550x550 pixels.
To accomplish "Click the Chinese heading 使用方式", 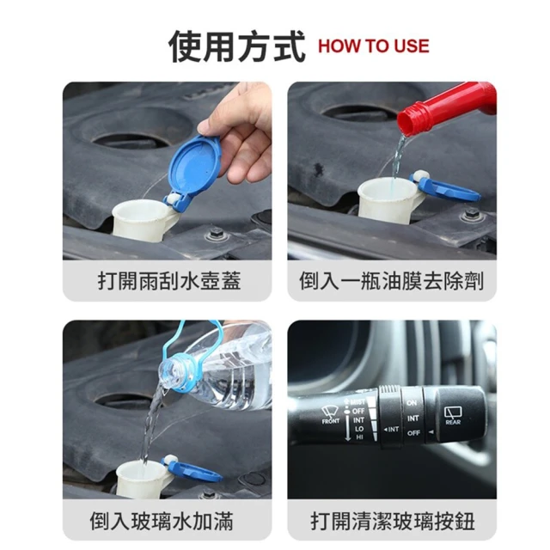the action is (x=236, y=46).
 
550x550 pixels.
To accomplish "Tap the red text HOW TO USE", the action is (x=374, y=46).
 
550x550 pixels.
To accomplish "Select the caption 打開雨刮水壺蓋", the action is (x=169, y=281).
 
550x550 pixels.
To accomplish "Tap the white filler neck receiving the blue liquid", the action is (x=389, y=199).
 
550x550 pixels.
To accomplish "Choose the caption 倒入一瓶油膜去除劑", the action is (x=392, y=281).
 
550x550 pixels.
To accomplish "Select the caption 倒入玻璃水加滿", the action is (x=162, y=521).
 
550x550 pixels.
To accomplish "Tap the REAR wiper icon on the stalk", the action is (x=453, y=415).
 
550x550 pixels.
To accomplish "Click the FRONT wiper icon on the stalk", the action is (x=331, y=414).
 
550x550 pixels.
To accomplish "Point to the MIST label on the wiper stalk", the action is (x=357, y=402).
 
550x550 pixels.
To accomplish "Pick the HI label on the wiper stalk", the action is (x=359, y=437).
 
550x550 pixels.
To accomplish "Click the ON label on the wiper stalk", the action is (x=412, y=403).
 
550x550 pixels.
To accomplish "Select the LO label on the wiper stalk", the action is (x=359, y=429).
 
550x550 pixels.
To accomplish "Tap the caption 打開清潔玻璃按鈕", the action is (x=393, y=521).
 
